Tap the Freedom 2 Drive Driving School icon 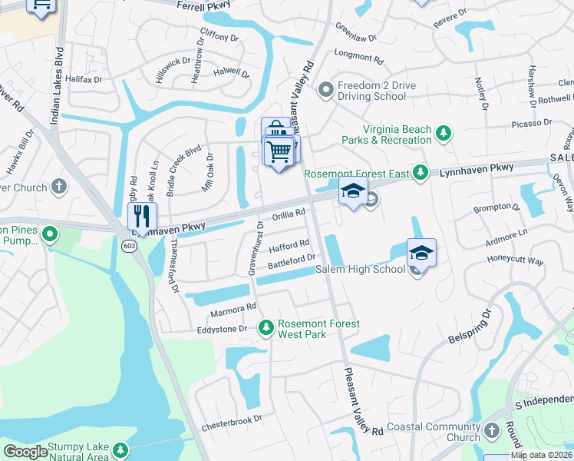click(x=326, y=90)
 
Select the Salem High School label click(x=360, y=269)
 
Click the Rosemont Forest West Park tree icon click(x=266, y=328)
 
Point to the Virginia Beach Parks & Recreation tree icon click(x=443, y=134)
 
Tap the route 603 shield click(x=128, y=244)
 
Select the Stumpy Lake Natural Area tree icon click(x=119, y=450)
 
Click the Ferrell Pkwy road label click(x=204, y=5)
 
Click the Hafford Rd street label click(x=289, y=244)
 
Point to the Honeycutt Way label click(x=515, y=261)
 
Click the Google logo click(x=25, y=452)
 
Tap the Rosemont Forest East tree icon click(x=420, y=173)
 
